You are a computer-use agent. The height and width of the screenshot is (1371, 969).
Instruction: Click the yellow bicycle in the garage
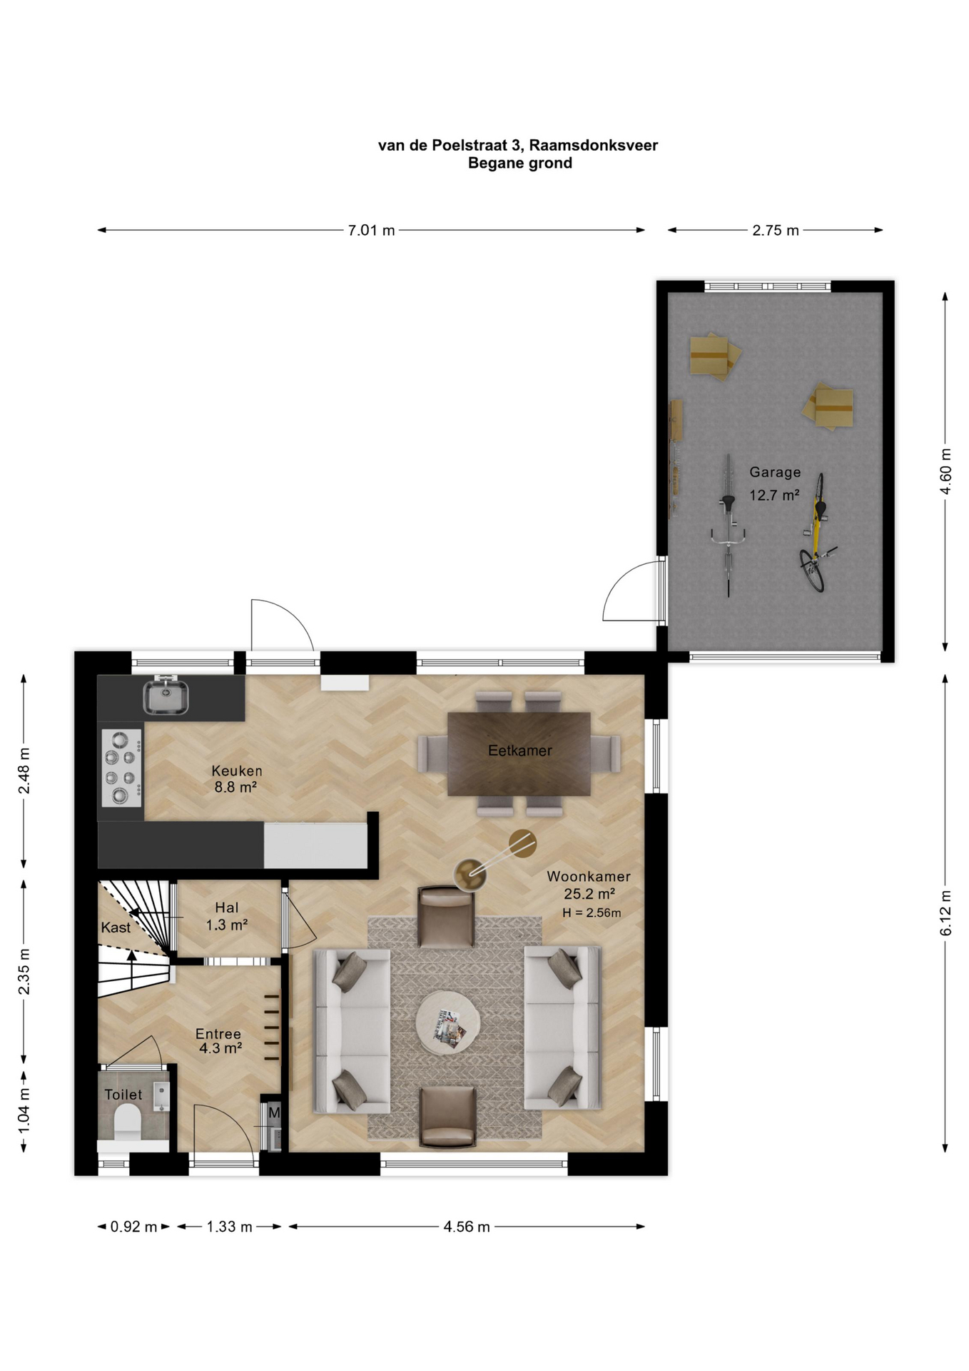tap(818, 533)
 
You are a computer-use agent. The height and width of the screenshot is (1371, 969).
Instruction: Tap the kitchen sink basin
tap(166, 697)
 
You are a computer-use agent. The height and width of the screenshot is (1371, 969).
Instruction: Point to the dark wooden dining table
tap(519, 753)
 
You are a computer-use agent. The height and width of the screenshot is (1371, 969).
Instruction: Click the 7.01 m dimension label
tap(371, 231)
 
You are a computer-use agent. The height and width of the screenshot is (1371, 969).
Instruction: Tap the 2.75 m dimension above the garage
tap(776, 231)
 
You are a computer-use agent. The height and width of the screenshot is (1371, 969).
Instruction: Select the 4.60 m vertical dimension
tap(945, 471)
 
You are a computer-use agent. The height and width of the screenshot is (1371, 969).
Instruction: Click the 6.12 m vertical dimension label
tap(945, 913)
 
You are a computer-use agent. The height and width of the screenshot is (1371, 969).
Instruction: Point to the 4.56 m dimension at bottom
tap(467, 1227)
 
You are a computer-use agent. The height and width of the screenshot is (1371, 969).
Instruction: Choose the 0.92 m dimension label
tap(133, 1227)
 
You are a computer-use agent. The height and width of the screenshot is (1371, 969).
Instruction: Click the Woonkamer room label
tap(589, 876)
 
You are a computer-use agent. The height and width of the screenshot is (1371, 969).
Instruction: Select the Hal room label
tap(227, 908)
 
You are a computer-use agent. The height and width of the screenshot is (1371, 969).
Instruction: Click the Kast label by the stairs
tap(116, 928)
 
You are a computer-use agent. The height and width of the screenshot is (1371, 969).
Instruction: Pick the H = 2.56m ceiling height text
tap(592, 913)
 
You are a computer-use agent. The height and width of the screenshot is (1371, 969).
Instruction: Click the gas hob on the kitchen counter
tap(122, 768)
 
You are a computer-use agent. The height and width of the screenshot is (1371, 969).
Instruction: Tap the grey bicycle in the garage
tap(728, 525)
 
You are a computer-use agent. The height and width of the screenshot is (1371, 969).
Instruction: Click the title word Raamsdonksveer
tap(594, 146)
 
